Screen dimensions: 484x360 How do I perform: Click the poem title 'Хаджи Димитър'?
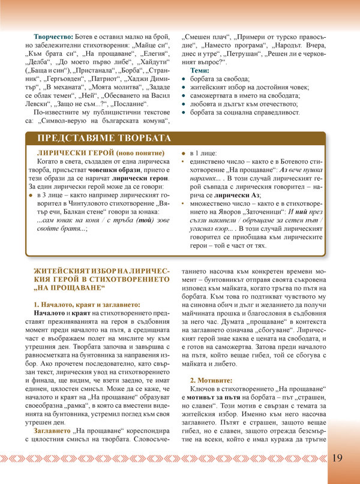click(x=142, y=79)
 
